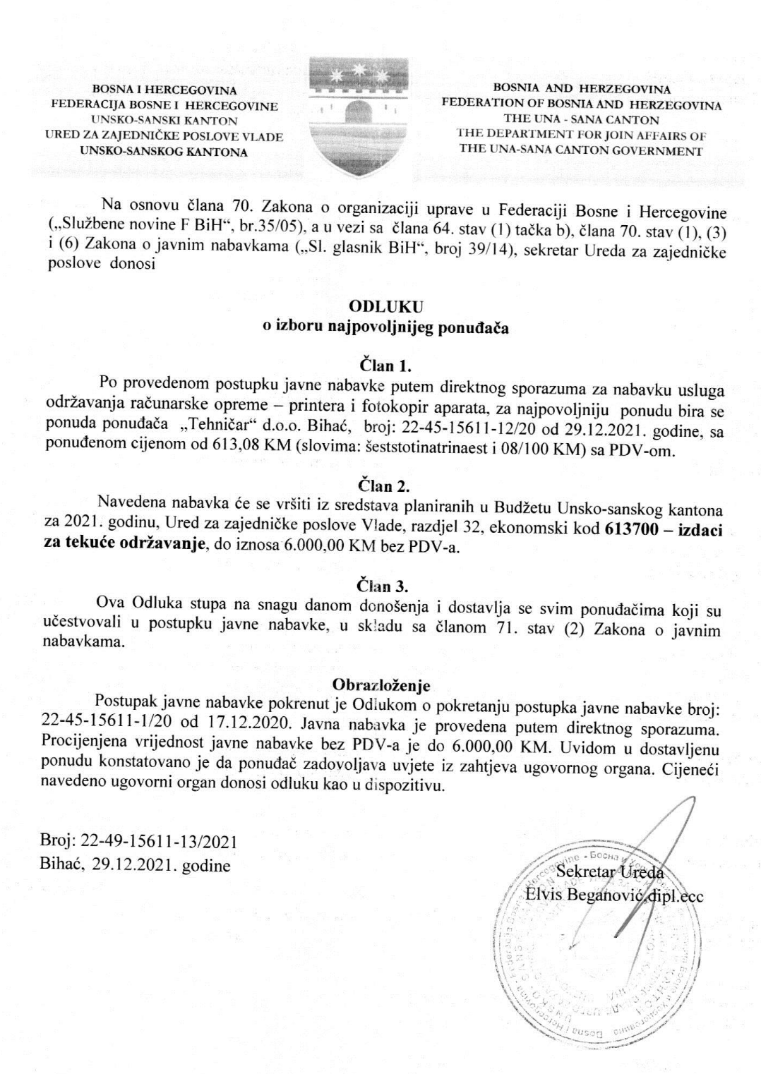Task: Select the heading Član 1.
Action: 385,366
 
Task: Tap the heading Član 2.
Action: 385,486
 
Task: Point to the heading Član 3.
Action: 385,585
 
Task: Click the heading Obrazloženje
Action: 381,684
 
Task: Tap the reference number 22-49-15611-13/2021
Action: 159,842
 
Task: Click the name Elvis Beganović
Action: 589,896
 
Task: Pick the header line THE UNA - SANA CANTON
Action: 581,120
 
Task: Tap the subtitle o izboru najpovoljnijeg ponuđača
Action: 385,327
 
